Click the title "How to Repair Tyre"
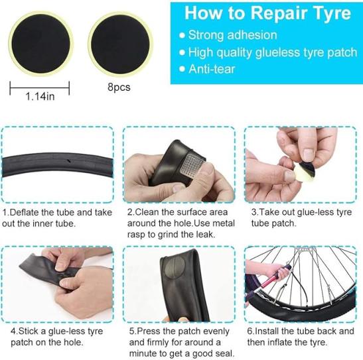[x=267, y=13]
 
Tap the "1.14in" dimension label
[x=40, y=96]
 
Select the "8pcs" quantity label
[x=119, y=87]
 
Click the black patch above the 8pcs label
[x=120, y=44]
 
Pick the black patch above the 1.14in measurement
[x=40, y=44]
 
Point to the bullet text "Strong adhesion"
[x=232, y=35]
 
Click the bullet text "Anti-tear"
[x=212, y=69]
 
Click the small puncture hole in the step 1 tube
[x=68, y=160]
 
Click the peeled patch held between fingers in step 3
[x=305, y=170]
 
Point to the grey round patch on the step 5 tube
[x=174, y=268]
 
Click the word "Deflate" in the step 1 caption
[x=24, y=212]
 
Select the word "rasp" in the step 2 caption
[x=136, y=235]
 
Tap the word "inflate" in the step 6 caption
[x=292, y=342]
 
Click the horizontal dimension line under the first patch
[x=40, y=88]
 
